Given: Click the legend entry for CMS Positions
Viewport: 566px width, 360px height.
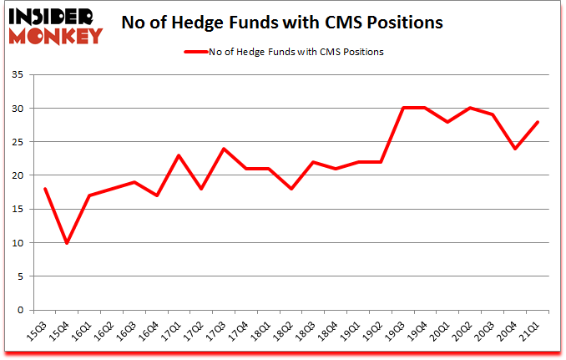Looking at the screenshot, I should pyautogui.click(x=284, y=52).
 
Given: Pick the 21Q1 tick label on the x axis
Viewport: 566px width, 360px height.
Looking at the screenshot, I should pyautogui.click(x=530, y=332).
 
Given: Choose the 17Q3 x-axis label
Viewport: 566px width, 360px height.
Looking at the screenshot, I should pyautogui.click(x=217, y=332).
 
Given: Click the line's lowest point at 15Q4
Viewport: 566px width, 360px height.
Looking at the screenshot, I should pyautogui.click(x=67, y=243).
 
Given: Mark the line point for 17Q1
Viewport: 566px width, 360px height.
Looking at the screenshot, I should pyautogui.click(x=179, y=155).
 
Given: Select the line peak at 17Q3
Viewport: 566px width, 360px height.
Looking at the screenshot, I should pyautogui.click(x=224, y=149).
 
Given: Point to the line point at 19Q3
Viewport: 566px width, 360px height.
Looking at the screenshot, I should pyautogui.click(x=403, y=109).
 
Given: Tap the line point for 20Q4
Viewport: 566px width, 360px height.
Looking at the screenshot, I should pyautogui.click(x=515, y=149).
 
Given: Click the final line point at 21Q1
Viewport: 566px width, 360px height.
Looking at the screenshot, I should pyautogui.click(x=538, y=122).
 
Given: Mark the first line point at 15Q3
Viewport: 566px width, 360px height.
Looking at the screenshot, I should pyautogui.click(x=44, y=189).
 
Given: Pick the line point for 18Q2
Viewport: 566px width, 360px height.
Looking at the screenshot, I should pyautogui.click(x=291, y=189).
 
